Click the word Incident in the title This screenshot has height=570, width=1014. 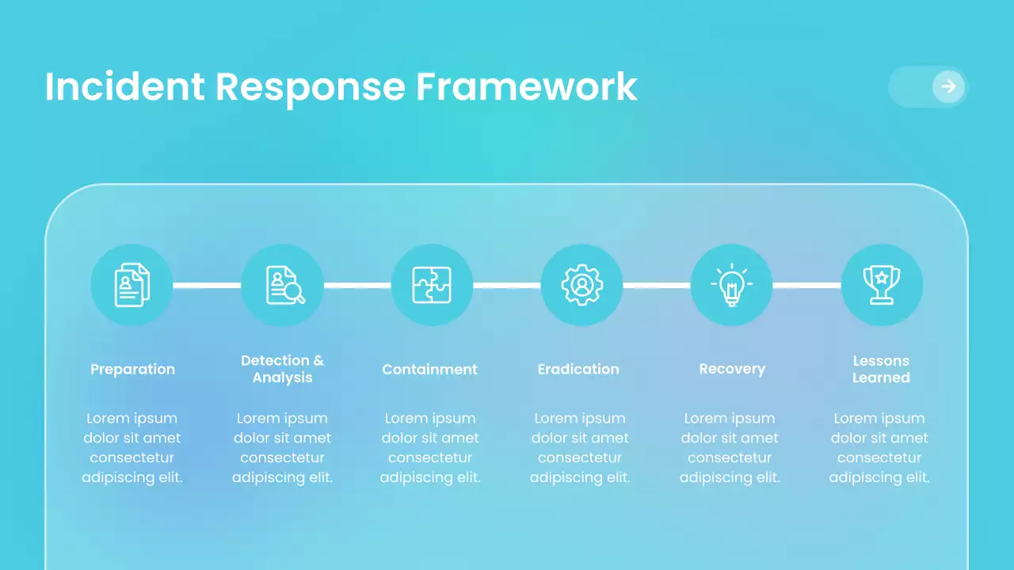(124, 86)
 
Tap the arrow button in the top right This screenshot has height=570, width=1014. (947, 86)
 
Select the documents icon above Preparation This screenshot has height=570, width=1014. (132, 285)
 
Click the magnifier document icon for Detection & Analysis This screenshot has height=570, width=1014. (282, 285)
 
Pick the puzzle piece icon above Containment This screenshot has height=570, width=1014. (432, 285)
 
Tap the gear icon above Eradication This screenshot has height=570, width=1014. (581, 285)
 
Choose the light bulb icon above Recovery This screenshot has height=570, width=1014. (731, 285)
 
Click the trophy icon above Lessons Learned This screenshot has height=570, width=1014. (881, 285)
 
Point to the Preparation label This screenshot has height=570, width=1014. (132, 369)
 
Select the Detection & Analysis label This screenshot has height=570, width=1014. (282, 369)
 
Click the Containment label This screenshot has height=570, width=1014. (429, 369)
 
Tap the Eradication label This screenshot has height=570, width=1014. (578, 369)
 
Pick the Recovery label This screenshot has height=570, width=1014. (732, 369)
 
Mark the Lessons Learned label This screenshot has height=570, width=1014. (881, 369)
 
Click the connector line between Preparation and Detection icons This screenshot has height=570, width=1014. (207, 285)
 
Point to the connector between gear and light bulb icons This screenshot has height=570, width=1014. (657, 285)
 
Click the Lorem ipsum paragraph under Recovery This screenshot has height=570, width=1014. (730, 447)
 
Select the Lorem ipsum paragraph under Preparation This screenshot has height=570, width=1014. (132, 447)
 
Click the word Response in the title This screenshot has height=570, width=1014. (310, 86)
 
